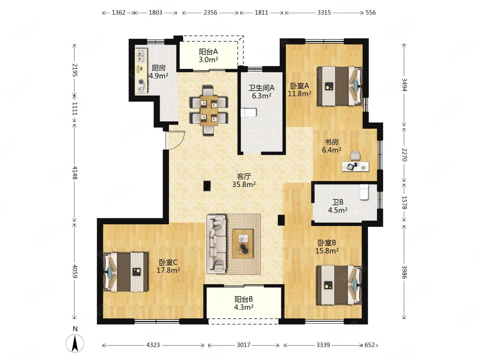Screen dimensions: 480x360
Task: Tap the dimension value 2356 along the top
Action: coord(210,13)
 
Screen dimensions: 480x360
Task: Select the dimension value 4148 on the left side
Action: coord(75,172)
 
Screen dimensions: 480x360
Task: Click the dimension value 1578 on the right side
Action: coord(404,202)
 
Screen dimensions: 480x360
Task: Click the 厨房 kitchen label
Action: coord(159,68)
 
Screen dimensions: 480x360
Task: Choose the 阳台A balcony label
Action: coord(208,52)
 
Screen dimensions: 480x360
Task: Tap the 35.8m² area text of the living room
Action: coord(244,185)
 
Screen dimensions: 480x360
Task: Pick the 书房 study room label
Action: coord(332,142)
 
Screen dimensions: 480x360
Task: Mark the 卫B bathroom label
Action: coord(338,202)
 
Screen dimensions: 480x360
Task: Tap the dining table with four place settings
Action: coord(209,111)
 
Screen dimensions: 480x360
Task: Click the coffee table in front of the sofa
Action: coord(243,243)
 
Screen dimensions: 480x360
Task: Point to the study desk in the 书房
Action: coord(356,167)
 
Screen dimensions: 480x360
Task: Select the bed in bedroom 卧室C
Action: coord(125,272)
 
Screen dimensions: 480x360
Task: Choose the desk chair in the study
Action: coord(356,156)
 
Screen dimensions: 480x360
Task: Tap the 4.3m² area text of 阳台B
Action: coord(244,307)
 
